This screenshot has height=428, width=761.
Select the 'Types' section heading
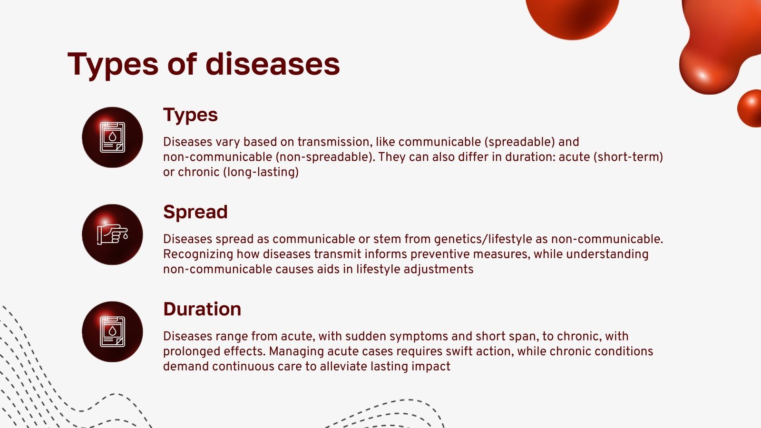coord(190,115)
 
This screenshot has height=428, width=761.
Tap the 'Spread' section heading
coord(195,212)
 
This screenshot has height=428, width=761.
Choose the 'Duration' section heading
coord(202,309)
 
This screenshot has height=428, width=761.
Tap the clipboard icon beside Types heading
coord(112,137)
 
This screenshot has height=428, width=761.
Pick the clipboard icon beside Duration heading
coord(112,331)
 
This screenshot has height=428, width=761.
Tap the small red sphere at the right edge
coord(751,108)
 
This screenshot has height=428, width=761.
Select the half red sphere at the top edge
coord(572,17)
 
